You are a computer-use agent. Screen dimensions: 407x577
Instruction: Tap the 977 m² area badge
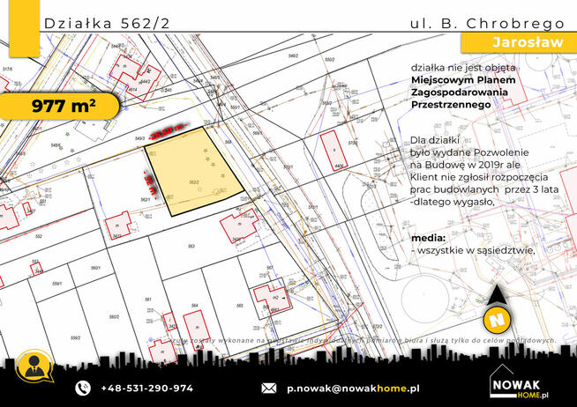pos(64,107)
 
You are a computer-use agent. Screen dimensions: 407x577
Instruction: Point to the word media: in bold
pos(428,238)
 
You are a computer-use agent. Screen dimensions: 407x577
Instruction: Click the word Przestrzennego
pos(450,103)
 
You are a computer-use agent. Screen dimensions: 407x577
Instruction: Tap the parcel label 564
pos(194,305)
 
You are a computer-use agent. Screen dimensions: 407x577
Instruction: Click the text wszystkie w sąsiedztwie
pos(476,250)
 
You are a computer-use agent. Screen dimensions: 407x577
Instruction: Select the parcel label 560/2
pos(113,316)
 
